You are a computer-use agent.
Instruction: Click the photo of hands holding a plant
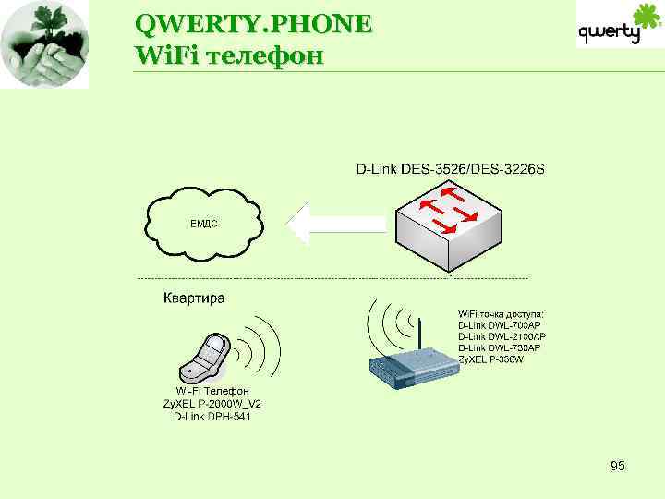click(x=44, y=44)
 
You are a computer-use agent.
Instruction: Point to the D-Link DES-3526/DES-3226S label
click(x=451, y=169)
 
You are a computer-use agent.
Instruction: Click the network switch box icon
click(x=447, y=223)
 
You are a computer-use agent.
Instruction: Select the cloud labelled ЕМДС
click(x=204, y=224)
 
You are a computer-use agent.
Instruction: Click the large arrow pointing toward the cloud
click(x=336, y=224)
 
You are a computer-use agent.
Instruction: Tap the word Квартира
click(x=194, y=298)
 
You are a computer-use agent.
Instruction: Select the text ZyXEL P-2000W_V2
click(x=212, y=404)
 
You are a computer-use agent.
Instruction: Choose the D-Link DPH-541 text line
click(x=212, y=417)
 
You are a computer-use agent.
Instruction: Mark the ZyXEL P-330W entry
click(x=490, y=359)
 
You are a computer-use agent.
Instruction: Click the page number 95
click(x=618, y=467)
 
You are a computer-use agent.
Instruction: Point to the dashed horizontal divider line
click(x=332, y=277)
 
